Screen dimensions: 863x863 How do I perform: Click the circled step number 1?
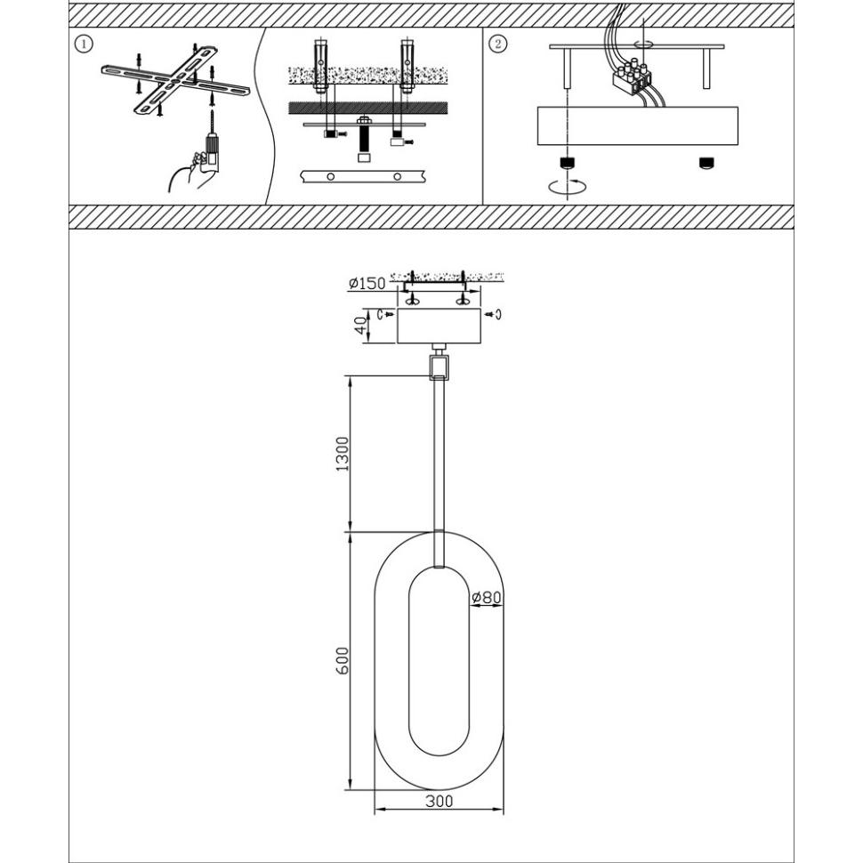(84, 44)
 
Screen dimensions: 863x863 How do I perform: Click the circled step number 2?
(497, 44)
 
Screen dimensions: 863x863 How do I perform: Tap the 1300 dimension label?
(343, 454)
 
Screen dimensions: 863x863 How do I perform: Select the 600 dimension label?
(343, 661)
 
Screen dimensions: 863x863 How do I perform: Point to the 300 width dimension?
(440, 801)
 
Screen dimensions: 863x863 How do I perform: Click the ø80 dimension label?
(487, 597)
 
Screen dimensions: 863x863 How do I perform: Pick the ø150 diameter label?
(367, 284)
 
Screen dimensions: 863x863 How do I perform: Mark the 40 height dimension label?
(360, 326)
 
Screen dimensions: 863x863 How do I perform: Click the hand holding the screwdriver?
(191, 173)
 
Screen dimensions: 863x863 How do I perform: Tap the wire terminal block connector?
(632, 76)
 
